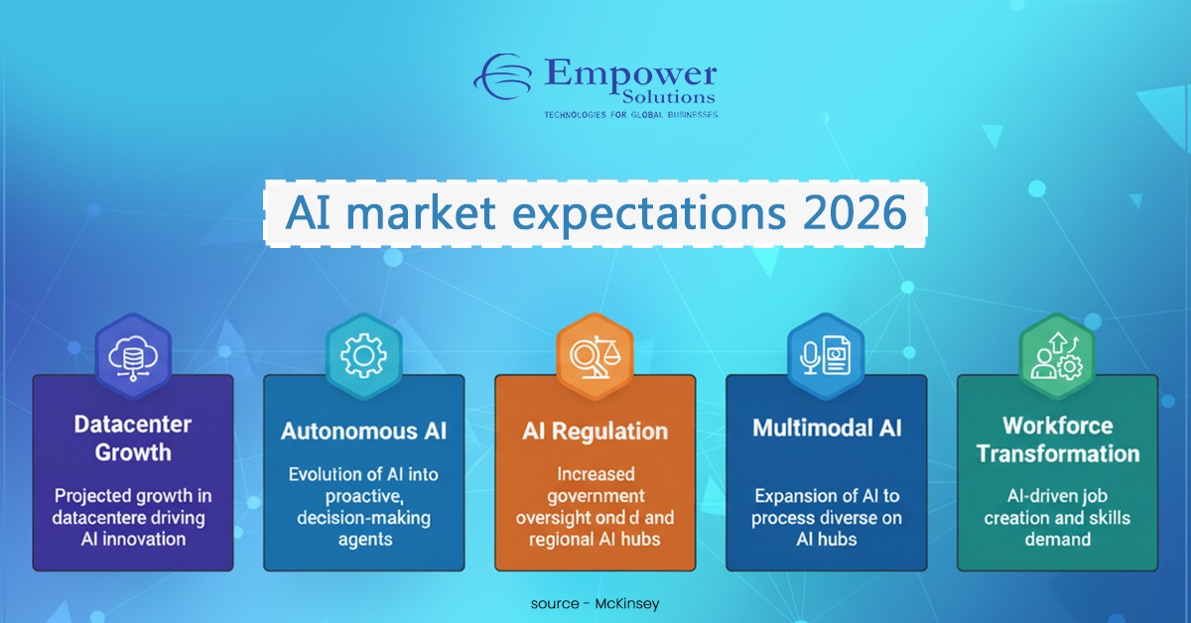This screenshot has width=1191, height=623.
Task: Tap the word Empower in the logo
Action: click(629, 73)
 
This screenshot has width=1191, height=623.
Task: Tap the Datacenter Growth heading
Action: click(132, 438)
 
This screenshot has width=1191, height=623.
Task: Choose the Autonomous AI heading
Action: click(363, 432)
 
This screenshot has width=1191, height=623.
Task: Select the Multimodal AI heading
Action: click(826, 429)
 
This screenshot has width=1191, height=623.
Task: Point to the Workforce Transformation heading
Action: click(1057, 439)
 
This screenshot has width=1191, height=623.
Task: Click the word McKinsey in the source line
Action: click(625, 603)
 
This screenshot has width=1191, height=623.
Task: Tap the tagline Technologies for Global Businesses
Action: click(630, 115)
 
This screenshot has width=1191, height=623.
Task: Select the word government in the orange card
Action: click(595, 496)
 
